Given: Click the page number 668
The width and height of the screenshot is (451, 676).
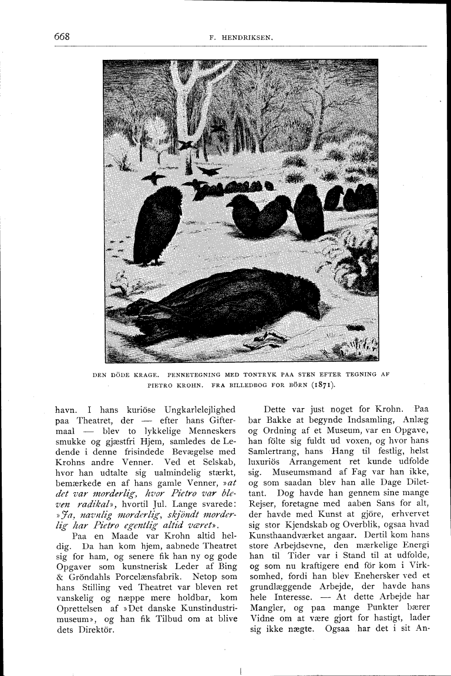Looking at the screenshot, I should [x=62, y=36].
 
